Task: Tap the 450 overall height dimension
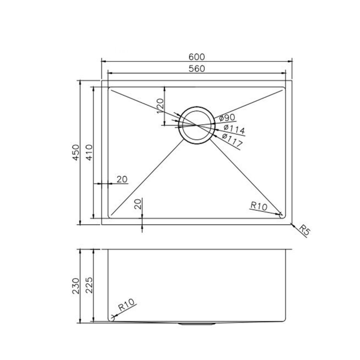pos(76,152)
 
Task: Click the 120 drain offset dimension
pos(160,106)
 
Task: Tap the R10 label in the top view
pos(258,206)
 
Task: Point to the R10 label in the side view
pos(126,305)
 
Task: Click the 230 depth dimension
pos(76,286)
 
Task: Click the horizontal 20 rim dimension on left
pos(122,180)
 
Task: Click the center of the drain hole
pos(196,125)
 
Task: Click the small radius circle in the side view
pos(112,317)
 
